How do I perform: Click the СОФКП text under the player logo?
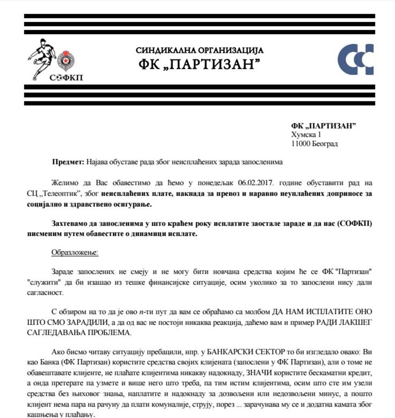(66, 77)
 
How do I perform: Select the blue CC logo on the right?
(355, 60)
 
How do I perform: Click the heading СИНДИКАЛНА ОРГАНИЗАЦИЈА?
(199, 50)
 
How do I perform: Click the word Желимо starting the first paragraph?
(62, 184)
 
